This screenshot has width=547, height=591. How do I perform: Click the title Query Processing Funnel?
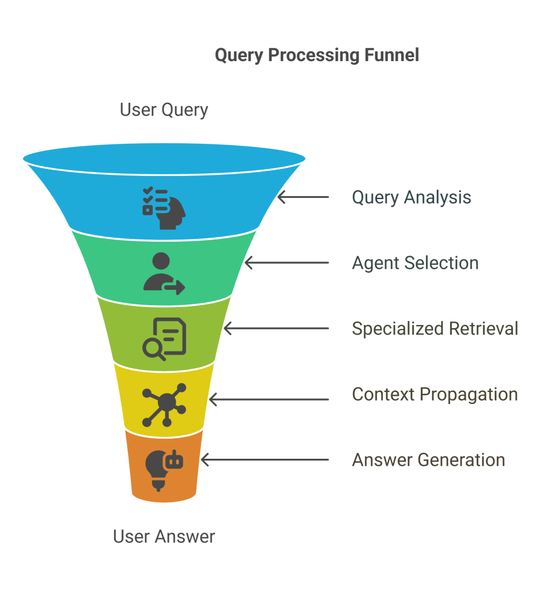[x=316, y=55]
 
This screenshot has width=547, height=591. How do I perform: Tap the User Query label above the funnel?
[x=164, y=110]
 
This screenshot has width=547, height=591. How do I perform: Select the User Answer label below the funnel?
[x=164, y=536]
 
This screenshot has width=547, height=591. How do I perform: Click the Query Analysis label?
[x=412, y=197]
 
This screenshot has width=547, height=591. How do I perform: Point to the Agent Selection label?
[x=415, y=263]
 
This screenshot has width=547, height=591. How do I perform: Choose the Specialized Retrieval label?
[x=435, y=328]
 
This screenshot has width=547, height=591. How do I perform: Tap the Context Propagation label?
[x=435, y=395]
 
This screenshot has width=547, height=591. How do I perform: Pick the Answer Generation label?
[x=428, y=460]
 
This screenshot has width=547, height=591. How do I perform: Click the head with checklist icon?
[x=164, y=208]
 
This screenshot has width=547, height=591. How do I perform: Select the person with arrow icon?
[x=164, y=274]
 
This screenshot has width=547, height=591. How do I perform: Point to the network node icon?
[x=164, y=405]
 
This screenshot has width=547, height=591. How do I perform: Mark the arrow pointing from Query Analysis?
[x=303, y=197]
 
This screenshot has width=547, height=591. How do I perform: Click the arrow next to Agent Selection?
[x=287, y=263]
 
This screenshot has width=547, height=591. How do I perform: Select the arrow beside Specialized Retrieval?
[x=276, y=328]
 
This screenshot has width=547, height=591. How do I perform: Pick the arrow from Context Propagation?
[x=269, y=399]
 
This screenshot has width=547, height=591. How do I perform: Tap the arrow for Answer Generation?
[x=265, y=460]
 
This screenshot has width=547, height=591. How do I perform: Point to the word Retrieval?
[x=484, y=328]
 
